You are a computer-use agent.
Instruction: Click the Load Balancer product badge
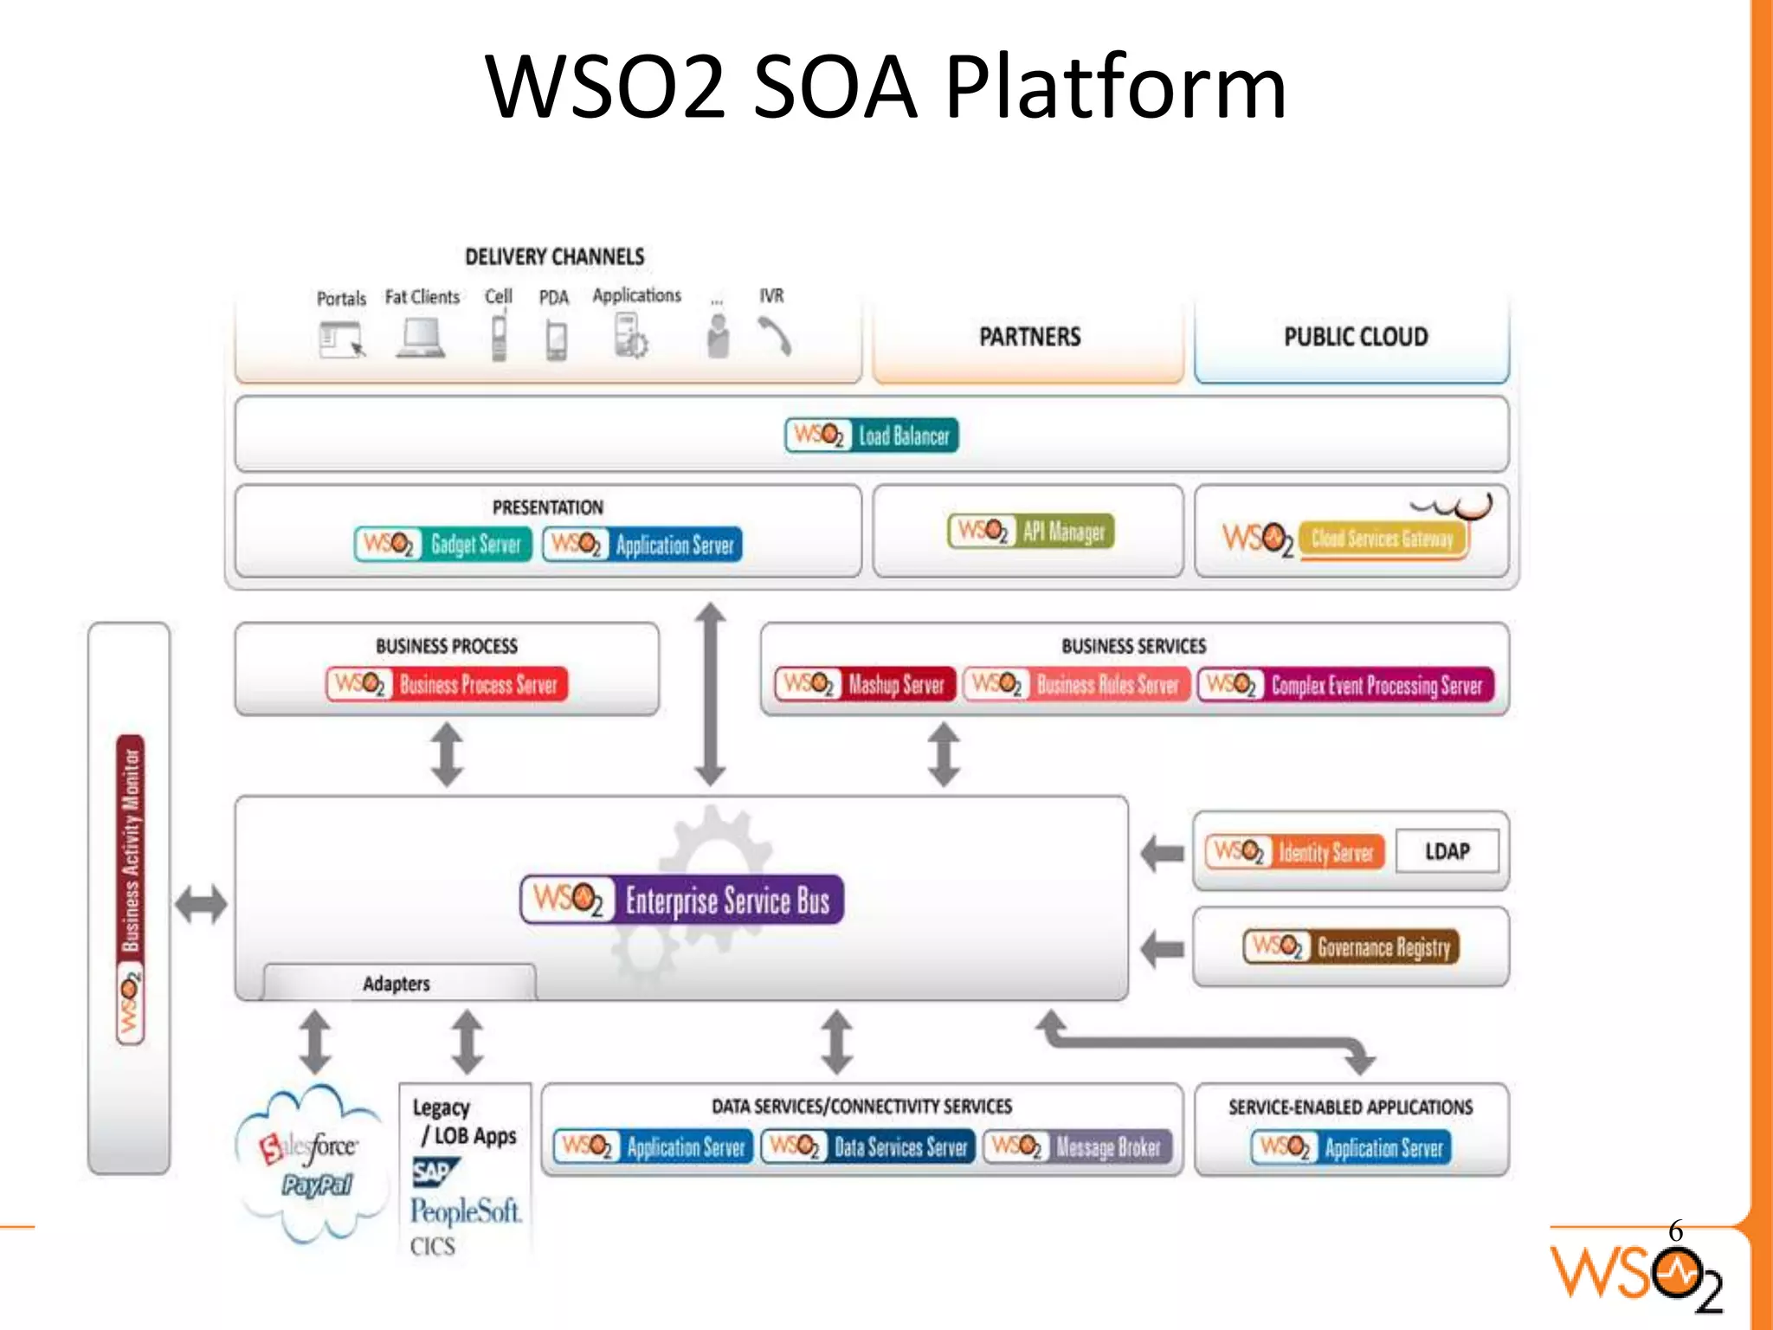coord(872,436)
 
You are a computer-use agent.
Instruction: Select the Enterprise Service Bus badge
coord(682,900)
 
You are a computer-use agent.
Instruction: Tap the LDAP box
coord(1447,851)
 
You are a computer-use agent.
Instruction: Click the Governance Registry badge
coord(1351,946)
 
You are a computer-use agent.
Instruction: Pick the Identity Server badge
coord(1294,852)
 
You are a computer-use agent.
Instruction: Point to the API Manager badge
coord(1030,531)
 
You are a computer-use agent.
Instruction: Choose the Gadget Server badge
coord(442,544)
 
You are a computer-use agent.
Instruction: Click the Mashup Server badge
coord(865,684)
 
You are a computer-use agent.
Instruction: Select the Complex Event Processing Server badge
coord(1346,685)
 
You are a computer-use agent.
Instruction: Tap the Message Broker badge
coord(1078,1147)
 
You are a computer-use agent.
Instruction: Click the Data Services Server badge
coord(868,1147)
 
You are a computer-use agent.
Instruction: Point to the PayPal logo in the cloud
coord(316,1185)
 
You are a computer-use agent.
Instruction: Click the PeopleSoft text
coord(466,1211)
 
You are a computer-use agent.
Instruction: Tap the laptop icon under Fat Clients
coord(422,339)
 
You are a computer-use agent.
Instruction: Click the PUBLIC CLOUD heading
coord(1356,337)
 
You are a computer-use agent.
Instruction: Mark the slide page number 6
coord(1675,1230)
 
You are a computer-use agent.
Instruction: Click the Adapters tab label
coord(397,984)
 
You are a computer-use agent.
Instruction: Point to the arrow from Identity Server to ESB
coord(1162,853)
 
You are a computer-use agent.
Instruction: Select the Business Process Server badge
coord(447,684)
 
